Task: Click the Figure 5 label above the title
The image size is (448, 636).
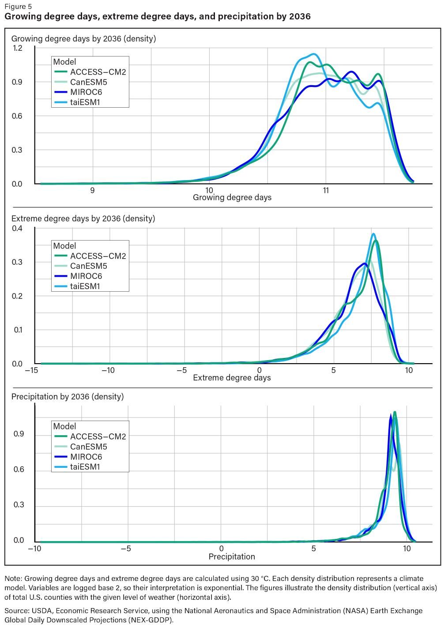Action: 18,7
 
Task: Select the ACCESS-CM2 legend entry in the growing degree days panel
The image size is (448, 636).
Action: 98,72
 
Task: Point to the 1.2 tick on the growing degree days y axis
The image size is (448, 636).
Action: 17,48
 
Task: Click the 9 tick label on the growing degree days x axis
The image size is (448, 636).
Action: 92,191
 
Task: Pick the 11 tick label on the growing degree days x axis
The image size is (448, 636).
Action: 326,191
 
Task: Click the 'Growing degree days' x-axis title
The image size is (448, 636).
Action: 232,197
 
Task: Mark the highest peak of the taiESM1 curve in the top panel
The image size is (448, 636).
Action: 314,54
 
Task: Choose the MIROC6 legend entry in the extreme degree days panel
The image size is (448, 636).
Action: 86,276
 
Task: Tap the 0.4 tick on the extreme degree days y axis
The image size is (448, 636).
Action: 17,228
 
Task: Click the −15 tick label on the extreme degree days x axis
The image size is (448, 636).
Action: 31,370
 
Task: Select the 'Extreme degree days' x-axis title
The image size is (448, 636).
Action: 232,377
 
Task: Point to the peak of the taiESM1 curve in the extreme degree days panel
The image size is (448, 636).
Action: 373,234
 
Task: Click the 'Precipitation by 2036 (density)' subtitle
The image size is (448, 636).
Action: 68,396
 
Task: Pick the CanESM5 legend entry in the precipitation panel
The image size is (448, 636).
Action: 88,447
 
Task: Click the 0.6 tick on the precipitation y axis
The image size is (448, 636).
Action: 19,470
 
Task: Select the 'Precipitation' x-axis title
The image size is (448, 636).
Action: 232,557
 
